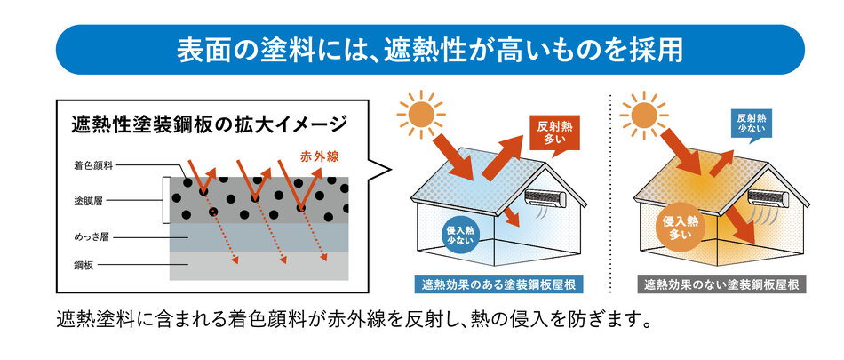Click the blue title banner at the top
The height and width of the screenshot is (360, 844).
430,50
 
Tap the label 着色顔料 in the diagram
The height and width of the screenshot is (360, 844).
93,166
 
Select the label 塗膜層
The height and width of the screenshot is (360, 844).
88,201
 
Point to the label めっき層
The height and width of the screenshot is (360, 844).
92,236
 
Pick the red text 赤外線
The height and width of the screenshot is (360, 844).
319,156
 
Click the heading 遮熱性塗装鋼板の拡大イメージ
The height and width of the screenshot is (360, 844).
209,124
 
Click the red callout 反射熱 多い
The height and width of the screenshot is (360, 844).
554,135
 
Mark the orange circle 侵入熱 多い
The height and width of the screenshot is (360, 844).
681,228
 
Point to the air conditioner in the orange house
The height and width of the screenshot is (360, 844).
768,198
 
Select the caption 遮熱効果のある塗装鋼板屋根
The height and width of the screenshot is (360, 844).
499,284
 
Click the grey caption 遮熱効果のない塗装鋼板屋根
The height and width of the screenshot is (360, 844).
721,284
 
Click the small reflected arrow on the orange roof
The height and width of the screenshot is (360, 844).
721,164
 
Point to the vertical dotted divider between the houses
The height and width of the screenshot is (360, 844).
610,194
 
